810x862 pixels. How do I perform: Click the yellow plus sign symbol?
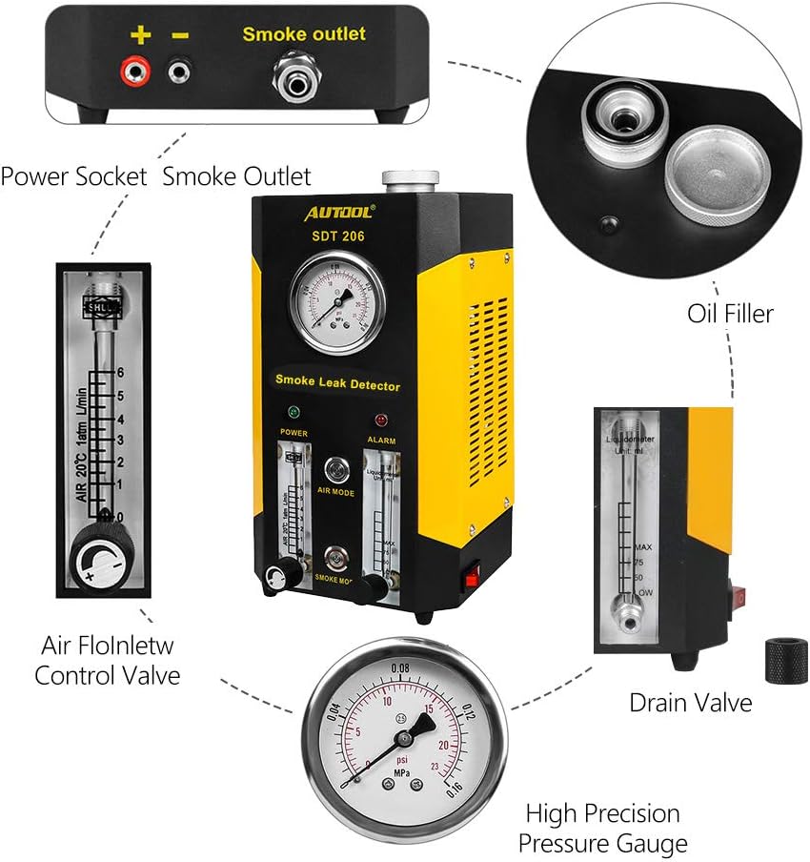coord(140,35)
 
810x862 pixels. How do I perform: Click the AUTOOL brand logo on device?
coord(340,209)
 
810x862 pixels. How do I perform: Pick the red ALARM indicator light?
coord(381,420)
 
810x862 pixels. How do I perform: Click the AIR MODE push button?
coord(336,468)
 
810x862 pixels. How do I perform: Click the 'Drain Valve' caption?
coord(690,704)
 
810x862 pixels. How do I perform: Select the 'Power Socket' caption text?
coord(73,176)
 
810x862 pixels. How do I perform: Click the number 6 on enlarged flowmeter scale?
coord(121,372)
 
